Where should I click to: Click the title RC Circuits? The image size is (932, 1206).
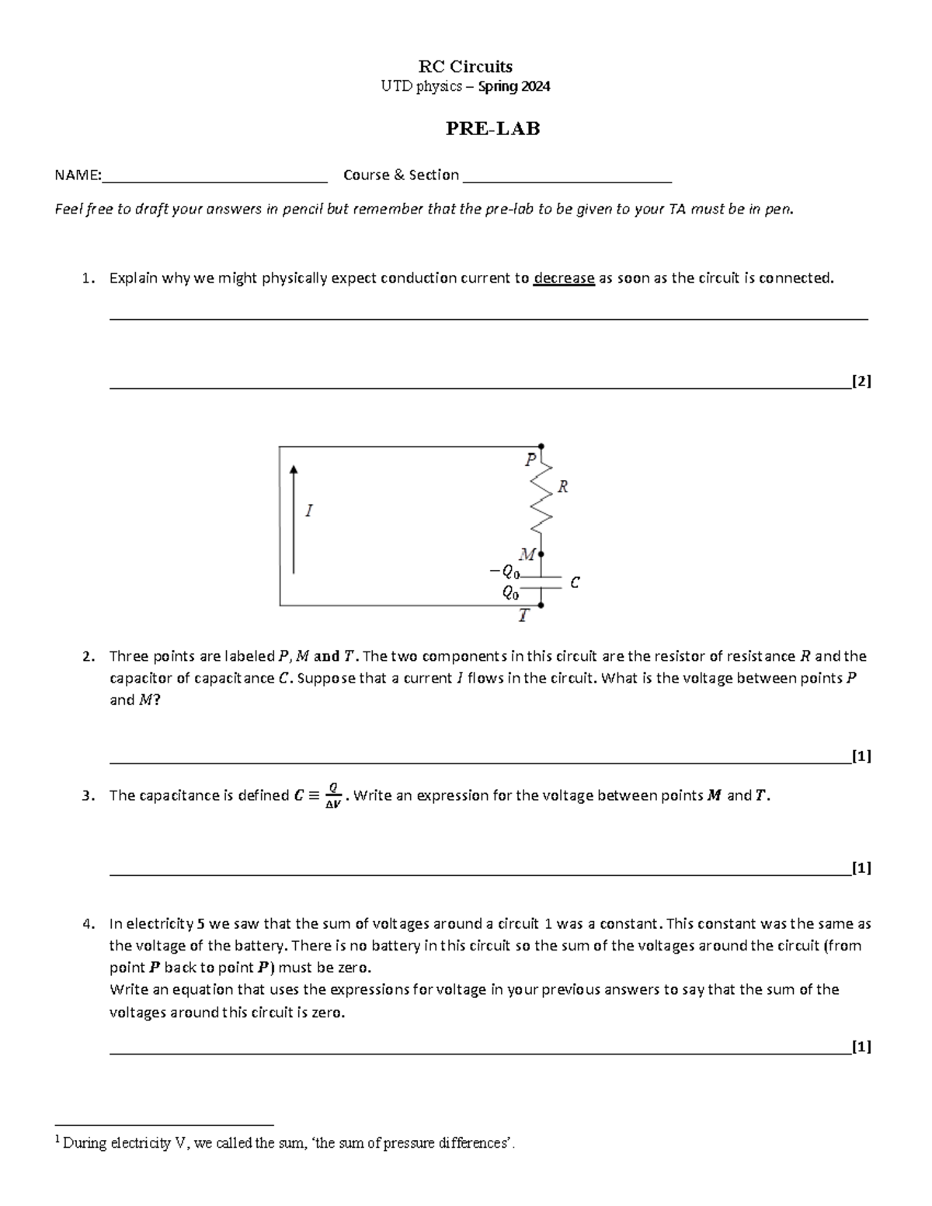(465, 66)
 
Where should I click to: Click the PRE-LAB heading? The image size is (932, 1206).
(492, 129)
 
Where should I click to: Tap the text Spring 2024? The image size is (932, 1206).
(514, 87)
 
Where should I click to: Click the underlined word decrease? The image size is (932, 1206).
(564, 278)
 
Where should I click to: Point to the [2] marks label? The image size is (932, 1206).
(861, 381)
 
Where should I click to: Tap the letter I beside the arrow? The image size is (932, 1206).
(309, 510)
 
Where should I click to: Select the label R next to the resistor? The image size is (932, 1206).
(563, 487)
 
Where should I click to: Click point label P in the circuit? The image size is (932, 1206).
(530, 460)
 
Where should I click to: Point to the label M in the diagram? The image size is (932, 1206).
(527, 554)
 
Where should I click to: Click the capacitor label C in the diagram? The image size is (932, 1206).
(575, 582)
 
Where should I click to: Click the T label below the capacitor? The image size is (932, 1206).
(524, 617)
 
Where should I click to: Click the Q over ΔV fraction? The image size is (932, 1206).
(332, 796)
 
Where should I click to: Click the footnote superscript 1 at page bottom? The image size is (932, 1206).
(57, 1139)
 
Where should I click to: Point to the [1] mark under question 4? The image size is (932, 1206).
(861, 1046)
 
